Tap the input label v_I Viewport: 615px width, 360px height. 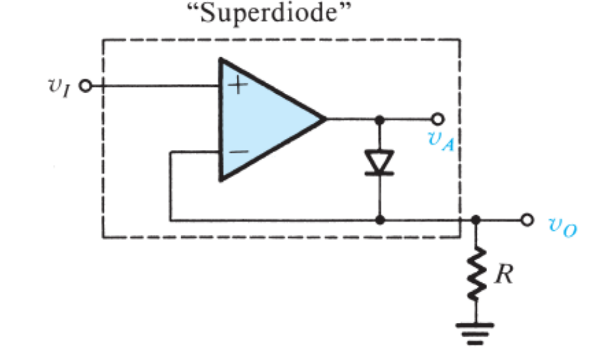point(62,86)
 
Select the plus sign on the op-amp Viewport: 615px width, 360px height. point(239,86)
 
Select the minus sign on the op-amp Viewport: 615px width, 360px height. point(239,151)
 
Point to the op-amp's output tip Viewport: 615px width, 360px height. point(324,119)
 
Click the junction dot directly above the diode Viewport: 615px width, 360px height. point(379,119)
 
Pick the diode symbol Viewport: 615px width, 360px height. point(379,162)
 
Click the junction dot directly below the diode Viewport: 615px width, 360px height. point(379,220)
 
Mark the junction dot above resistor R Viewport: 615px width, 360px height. point(476,220)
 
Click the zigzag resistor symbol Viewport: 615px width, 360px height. point(476,275)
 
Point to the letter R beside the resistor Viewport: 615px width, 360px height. point(503,275)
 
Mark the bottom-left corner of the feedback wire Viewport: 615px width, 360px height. point(170,220)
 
